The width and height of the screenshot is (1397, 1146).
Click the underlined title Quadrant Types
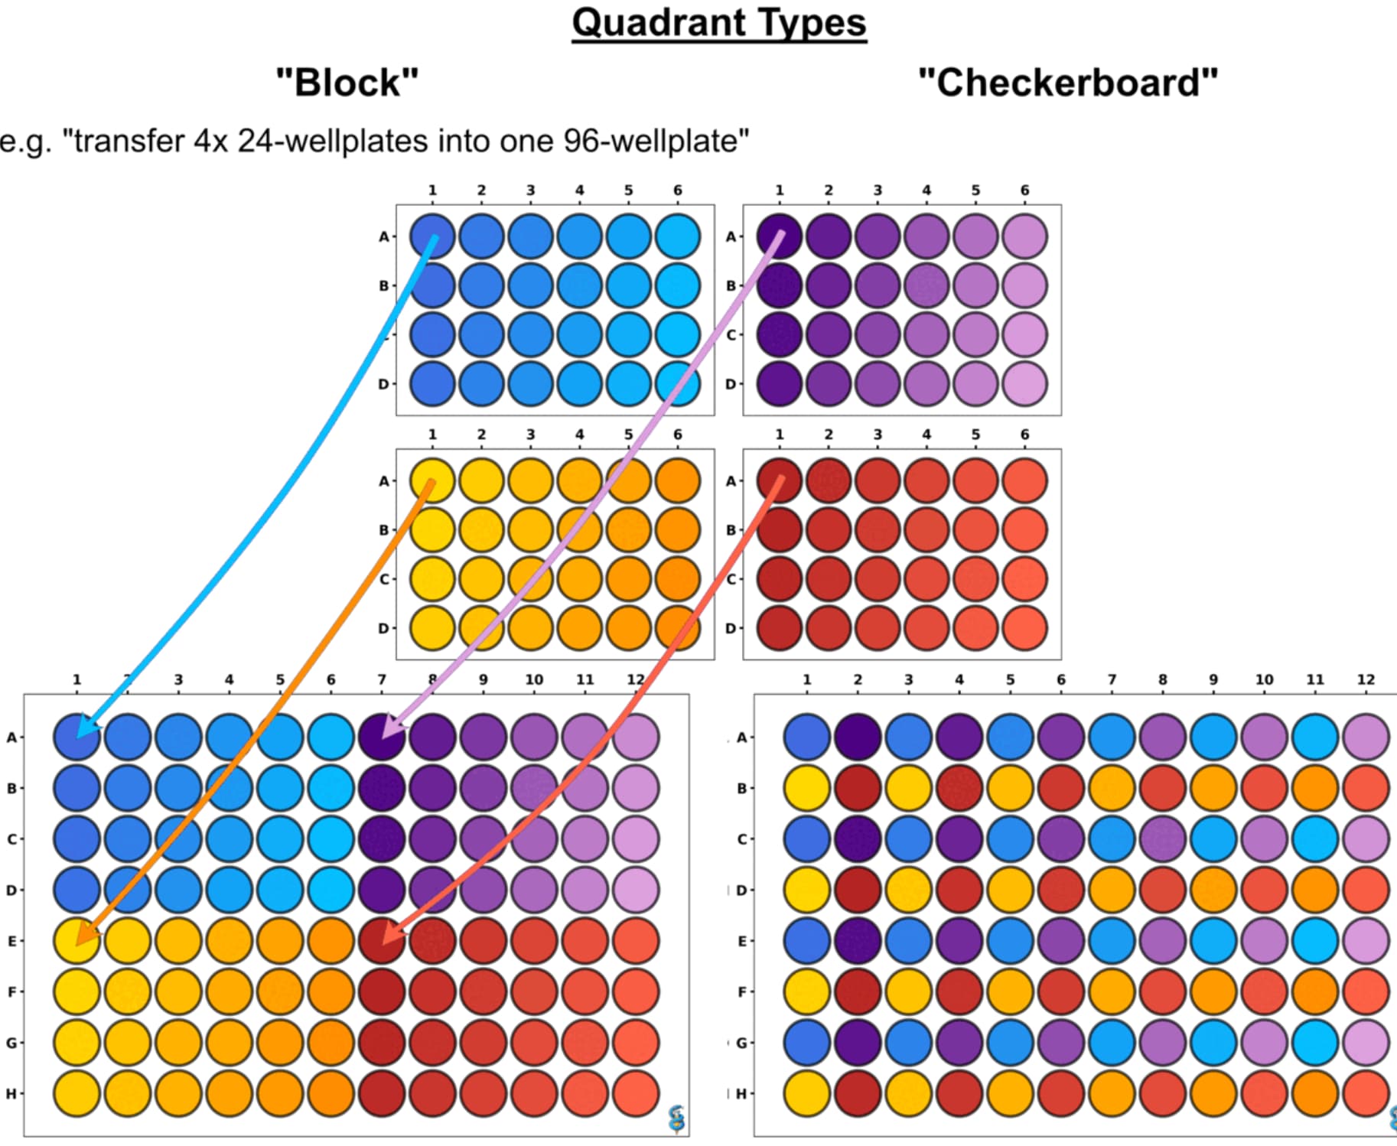pos(718,23)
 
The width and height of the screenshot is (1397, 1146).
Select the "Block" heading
pos(347,83)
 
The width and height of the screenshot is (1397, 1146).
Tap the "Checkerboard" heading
pos(1067,83)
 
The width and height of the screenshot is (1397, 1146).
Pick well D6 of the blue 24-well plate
pos(677,384)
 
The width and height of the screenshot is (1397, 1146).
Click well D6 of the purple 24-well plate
pos(1024,384)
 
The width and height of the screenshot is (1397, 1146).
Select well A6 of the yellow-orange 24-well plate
pos(677,481)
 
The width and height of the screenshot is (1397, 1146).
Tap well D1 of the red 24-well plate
pos(779,628)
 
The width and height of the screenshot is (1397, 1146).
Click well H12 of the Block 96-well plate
pos(635,1093)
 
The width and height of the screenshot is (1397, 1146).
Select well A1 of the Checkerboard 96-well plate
pos(806,737)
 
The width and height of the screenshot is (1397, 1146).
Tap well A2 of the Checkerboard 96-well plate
pos(858,737)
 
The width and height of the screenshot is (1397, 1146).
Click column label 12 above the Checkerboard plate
pos(1366,679)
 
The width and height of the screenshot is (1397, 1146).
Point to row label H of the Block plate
pos(11,1094)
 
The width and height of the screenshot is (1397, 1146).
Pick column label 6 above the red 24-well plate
pos(1024,435)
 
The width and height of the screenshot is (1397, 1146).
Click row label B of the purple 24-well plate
pos(731,285)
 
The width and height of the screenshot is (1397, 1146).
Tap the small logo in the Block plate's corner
pos(676,1119)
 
